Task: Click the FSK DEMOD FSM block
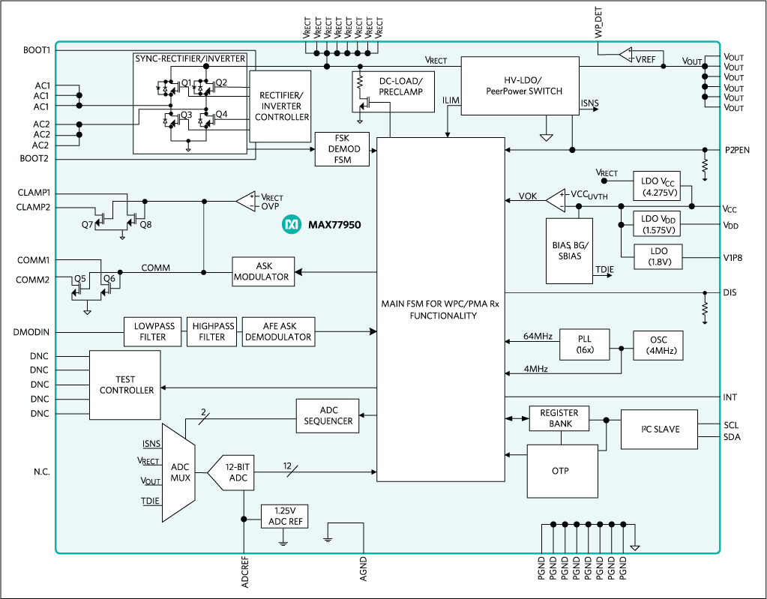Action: click(x=343, y=149)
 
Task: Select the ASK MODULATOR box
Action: click(x=262, y=271)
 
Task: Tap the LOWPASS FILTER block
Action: click(x=154, y=331)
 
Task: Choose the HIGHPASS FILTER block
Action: click(x=213, y=331)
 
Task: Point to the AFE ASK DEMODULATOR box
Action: click(x=278, y=331)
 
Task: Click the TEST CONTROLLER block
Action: click(x=125, y=385)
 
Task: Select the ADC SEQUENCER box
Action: click(x=328, y=415)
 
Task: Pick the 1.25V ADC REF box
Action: click(x=283, y=516)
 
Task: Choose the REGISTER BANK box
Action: click(x=559, y=418)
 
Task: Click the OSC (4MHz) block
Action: click(x=658, y=346)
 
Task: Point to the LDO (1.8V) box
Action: click(x=660, y=256)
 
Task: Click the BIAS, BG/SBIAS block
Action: click(x=568, y=250)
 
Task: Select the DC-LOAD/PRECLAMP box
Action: click(x=393, y=92)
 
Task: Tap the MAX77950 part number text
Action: click(x=334, y=224)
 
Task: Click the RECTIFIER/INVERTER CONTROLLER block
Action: click(x=280, y=106)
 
